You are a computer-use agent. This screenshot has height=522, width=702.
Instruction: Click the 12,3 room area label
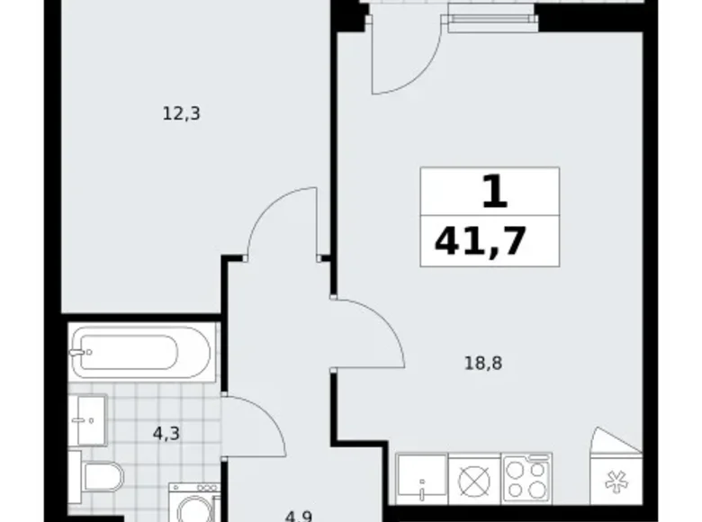click(181, 113)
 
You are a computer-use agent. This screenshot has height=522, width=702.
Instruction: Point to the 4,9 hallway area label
click(299, 516)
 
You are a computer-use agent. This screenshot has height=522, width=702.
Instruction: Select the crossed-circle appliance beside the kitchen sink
click(473, 479)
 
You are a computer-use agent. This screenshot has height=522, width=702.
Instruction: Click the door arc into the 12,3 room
click(283, 220)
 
